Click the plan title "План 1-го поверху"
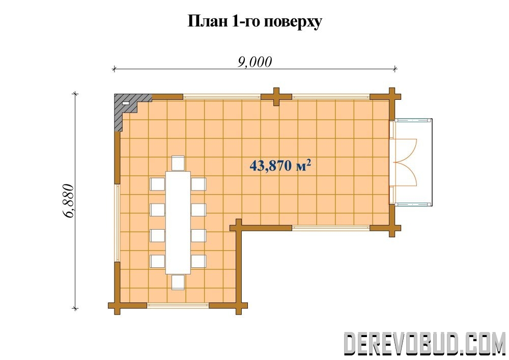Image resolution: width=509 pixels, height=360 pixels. click(255, 22)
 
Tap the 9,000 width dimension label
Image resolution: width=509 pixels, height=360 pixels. click(254, 62)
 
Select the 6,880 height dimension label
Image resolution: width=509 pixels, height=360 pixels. click(69, 201)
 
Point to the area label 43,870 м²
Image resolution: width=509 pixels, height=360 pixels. click(280, 165)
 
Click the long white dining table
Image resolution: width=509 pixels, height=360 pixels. click(178, 223)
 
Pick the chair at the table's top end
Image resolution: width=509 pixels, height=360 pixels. click(178, 163)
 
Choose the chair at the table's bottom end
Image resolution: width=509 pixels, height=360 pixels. click(178, 282)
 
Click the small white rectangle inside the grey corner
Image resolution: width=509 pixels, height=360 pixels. click(125, 103)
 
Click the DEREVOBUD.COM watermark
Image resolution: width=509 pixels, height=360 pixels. click(424, 343)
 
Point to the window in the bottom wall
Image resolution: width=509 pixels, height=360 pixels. click(178, 305)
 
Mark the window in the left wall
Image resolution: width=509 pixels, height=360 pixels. click(117, 223)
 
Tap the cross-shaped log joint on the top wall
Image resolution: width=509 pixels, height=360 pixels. click(276, 97)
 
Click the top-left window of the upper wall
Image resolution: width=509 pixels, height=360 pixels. click(222, 96)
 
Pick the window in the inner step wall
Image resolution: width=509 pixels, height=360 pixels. click(331, 228)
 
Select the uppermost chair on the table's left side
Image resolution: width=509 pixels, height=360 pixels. click(157, 184)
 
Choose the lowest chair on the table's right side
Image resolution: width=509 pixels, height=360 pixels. click(199, 261)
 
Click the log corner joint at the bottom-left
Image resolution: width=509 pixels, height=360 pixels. click(117, 305)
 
